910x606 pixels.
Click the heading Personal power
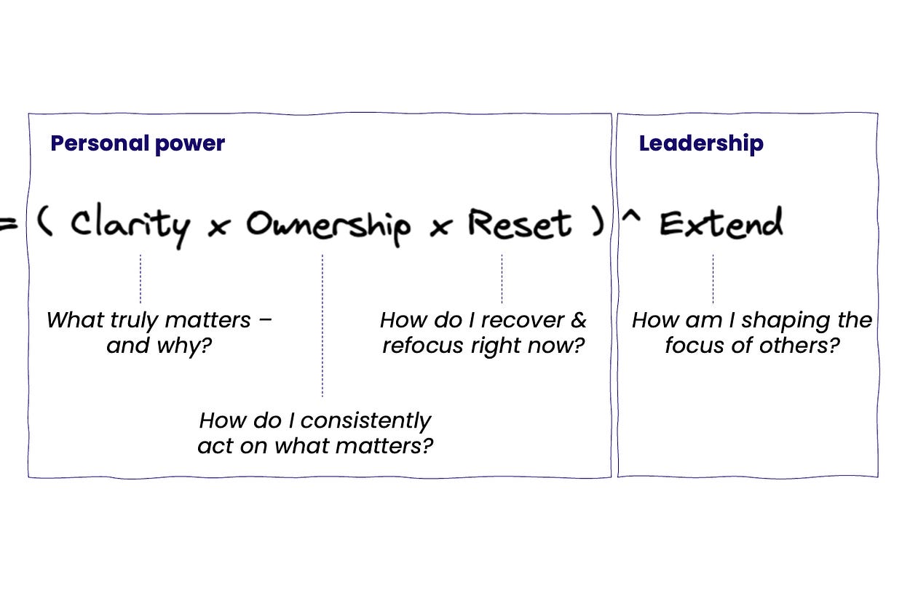[x=138, y=143]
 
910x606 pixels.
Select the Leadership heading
[x=701, y=143]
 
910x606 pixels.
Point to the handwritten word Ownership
[x=328, y=225]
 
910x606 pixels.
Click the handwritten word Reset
[x=520, y=223]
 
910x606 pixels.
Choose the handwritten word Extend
[x=721, y=223]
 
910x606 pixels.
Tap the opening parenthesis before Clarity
[x=45, y=223]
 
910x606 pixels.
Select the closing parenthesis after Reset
[x=598, y=223]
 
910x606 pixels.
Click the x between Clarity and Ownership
[x=216, y=228]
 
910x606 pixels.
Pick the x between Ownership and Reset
[x=439, y=228]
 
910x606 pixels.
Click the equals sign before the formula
[x=7, y=225]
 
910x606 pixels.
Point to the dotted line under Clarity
[x=140, y=279]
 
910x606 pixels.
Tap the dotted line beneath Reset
[x=502, y=279]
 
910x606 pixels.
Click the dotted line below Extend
[x=713, y=279]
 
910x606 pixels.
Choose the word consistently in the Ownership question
[x=365, y=420]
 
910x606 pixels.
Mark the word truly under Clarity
[x=136, y=321]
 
